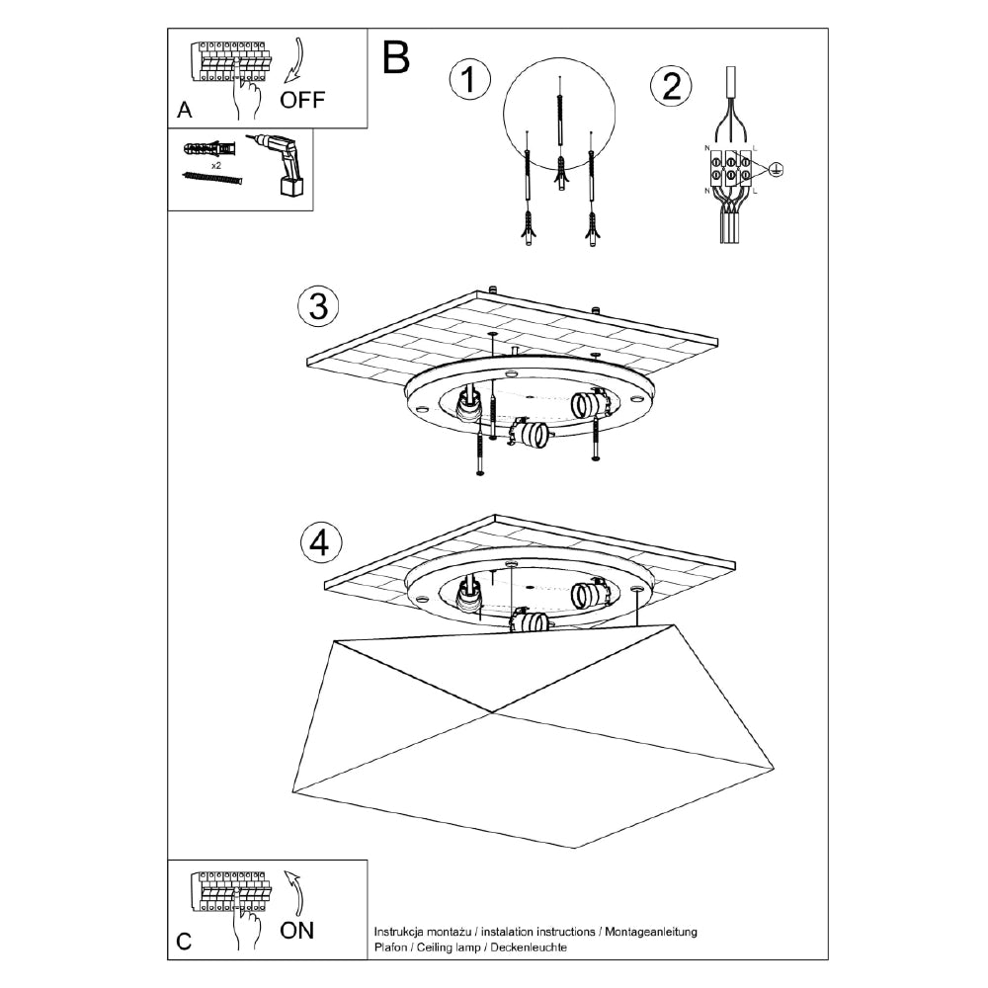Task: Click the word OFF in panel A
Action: point(301,99)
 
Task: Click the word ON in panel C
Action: point(297,930)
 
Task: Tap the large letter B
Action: point(395,58)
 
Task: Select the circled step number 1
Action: point(469,81)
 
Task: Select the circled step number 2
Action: point(671,86)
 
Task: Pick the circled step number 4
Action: point(318,541)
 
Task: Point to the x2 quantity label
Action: point(216,164)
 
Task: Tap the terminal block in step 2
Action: point(731,169)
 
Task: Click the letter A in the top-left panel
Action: point(184,111)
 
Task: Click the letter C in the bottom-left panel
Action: point(184,942)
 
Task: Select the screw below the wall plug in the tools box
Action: point(212,179)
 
